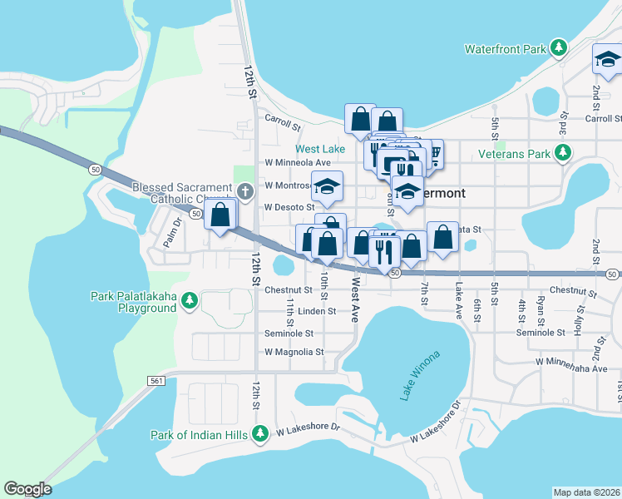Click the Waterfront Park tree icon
point(561,48)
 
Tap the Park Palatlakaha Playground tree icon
point(190,299)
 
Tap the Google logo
point(27,489)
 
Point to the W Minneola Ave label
point(298,162)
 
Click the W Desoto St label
point(289,207)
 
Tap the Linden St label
point(316,311)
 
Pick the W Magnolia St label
point(294,352)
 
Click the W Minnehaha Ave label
point(575,362)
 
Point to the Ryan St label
point(541,312)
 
